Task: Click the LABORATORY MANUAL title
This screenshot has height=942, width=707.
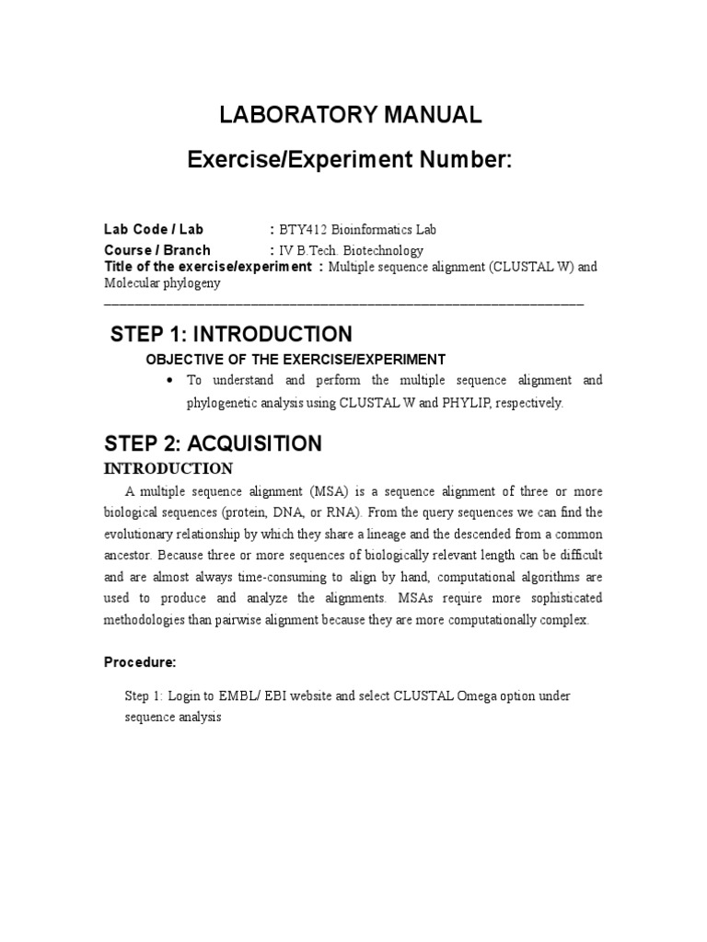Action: (x=349, y=115)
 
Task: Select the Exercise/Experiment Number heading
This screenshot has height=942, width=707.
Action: (x=349, y=160)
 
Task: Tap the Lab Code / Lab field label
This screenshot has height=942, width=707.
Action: (x=154, y=230)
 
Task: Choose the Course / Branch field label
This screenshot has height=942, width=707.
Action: (x=157, y=250)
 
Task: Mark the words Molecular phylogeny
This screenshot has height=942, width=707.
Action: (x=162, y=284)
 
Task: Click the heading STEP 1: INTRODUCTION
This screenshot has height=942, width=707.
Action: (x=230, y=334)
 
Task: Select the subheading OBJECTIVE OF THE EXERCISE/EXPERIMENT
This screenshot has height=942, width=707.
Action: (x=296, y=359)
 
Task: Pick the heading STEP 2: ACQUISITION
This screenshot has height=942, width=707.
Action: (x=216, y=443)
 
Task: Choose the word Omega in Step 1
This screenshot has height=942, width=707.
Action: (x=477, y=695)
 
